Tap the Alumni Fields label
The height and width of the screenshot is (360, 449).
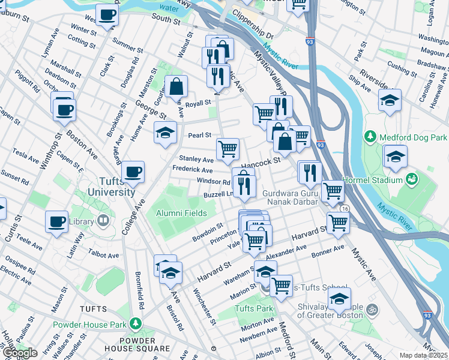point(181,213)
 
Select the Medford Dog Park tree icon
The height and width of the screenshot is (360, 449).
point(371,137)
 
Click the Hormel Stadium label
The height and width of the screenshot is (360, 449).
point(377,180)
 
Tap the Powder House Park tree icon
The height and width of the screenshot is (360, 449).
point(136,325)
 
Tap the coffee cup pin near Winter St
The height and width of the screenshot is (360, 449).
point(107,15)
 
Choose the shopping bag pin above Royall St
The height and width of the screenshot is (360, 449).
point(176,87)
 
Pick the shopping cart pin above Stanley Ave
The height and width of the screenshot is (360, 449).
point(228,149)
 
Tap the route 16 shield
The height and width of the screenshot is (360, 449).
point(344,208)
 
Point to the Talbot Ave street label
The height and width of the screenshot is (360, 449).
point(103,254)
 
